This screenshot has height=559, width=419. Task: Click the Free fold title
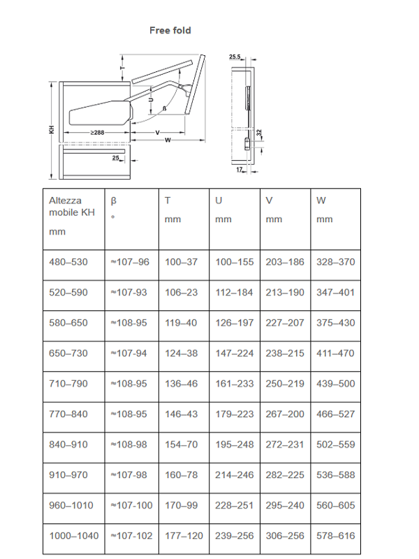click(x=170, y=30)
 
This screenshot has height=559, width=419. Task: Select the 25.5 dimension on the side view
click(x=235, y=56)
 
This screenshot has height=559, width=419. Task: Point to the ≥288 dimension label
click(x=96, y=131)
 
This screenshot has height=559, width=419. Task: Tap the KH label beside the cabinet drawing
click(x=51, y=130)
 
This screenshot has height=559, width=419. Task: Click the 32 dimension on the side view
click(x=258, y=132)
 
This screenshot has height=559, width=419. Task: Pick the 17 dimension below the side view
click(x=239, y=169)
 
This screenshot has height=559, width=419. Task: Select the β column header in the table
click(x=114, y=201)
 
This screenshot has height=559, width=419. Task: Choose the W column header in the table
click(x=321, y=201)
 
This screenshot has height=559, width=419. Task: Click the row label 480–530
click(x=68, y=262)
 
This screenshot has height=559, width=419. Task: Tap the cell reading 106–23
click(x=182, y=292)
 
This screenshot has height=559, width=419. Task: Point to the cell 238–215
click(x=285, y=353)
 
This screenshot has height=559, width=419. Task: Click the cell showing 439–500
click(x=335, y=384)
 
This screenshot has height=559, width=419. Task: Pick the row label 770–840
click(x=68, y=414)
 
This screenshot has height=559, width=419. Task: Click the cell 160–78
click(x=182, y=474)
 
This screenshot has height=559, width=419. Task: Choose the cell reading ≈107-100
click(x=131, y=505)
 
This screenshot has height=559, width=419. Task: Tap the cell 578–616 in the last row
click(x=335, y=535)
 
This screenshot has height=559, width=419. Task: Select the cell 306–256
click(x=285, y=535)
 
